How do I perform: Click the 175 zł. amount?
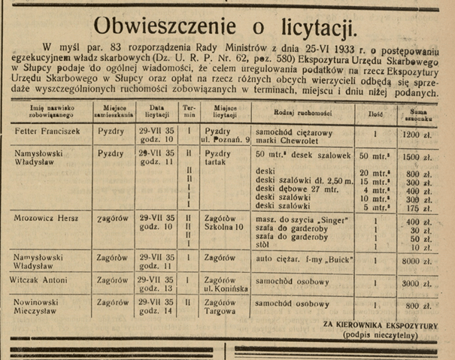point(416,207)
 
